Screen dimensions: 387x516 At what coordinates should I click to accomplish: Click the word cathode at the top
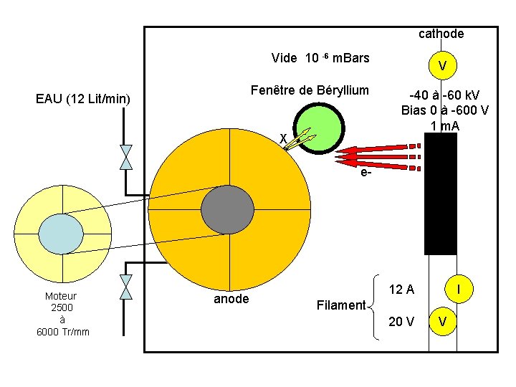pos(441,34)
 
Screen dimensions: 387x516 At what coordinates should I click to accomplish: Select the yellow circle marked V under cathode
pos(443,66)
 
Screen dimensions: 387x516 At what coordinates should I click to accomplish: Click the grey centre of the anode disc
pos(228,209)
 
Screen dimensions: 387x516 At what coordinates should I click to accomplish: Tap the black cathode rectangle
pos(440,194)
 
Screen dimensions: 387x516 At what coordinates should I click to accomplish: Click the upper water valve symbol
pos(126,157)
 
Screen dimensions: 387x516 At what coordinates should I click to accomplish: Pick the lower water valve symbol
pos(126,287)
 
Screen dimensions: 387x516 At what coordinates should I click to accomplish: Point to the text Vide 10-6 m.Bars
pos(320,58)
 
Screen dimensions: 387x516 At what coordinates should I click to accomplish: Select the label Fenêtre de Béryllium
pos(309,90)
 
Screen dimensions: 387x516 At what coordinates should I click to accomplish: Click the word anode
pos(231,299)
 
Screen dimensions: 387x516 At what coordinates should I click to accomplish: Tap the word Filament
pos(340,305)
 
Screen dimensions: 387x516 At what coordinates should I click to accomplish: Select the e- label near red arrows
pos(366,173)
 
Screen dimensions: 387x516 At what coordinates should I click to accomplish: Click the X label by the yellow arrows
pos(283,138)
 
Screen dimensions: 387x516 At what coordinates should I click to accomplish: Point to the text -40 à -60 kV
pos(444,96)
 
